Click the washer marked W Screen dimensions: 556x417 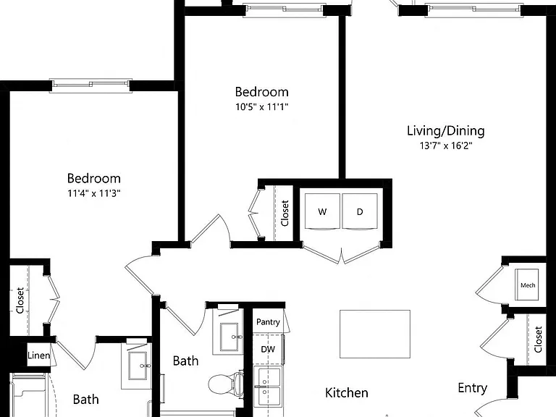(x=322, y=211)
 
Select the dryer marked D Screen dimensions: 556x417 (x=360, y=211)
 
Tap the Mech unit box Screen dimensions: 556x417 (x=527, y=285)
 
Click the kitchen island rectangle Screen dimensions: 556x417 (x=375, y=334)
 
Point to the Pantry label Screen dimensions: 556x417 (x=268, y=322)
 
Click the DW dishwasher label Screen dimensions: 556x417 (x=268, y=349)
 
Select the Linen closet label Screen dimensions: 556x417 (x=38, y=355)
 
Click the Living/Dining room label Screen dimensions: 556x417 (x=446, y=131)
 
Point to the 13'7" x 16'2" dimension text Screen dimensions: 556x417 (x=446, y=146)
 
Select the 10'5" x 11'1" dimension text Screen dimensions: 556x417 (x=261, y=106)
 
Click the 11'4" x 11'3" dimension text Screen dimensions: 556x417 (x=94, y=193)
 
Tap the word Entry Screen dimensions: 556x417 (x=472, y=388)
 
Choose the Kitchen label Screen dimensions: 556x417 (x=347, y=393)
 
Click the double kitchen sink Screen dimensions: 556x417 (x=269, y=386)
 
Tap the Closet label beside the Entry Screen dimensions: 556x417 (x=538, y=340)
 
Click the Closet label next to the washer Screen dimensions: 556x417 (x=285, y=213)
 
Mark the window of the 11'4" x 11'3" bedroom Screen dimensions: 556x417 (x=90, y=85)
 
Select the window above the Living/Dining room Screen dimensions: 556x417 (x=474, y=9)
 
